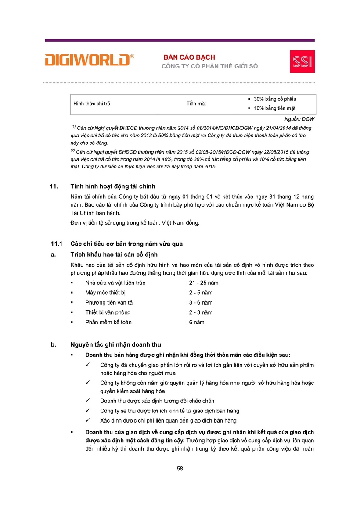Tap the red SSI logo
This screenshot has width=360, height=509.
pyautogui.click(x=302, y=62)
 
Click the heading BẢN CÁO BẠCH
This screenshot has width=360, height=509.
pyautogui.click(x=189, y=57)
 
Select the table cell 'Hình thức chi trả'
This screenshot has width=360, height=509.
pyautogui.click(x=92, y=104)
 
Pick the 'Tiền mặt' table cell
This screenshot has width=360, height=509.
pyautogui.click(x=196, y=104)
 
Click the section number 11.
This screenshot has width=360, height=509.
pyautogui.click(x=54, y=186)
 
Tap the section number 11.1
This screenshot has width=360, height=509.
pyautogui.click(x=56, y=244)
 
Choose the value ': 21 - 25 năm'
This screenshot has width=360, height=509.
pyautogui.click(x=202, y=283)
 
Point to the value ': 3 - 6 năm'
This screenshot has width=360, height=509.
pyautogui.click(x=199, y=303)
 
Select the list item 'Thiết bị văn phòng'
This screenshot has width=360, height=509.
pyautogui.click(x=108, y=312)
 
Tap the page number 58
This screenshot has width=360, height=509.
pyautogui.click(x=180, y=468)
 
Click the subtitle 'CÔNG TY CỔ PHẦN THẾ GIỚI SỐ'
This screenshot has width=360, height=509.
pyautogui.click(x=210, y=66)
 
